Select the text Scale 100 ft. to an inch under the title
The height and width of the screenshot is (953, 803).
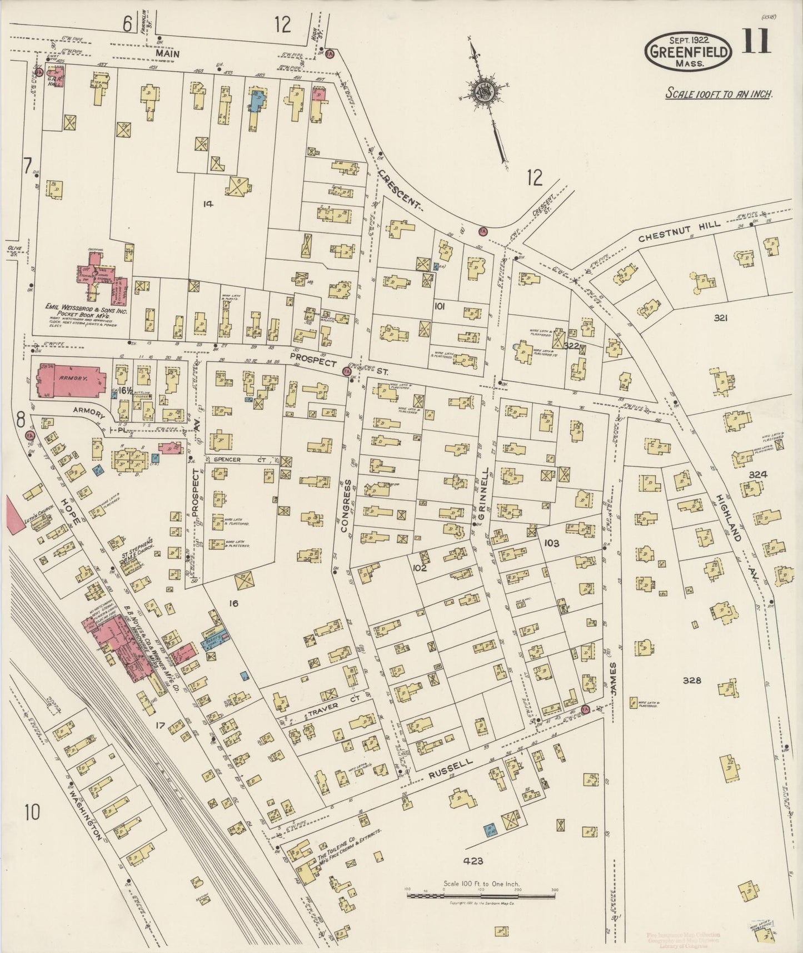tap(719, 93)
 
